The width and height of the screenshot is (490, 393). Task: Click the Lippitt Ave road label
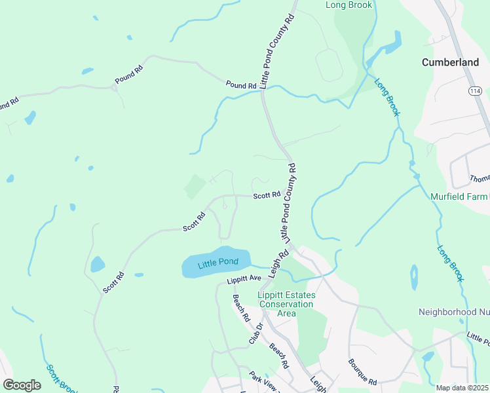tap(244, 280)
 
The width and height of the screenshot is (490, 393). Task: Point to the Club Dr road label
tap(255, 333)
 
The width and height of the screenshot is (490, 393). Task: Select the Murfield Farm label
tap(459, 196)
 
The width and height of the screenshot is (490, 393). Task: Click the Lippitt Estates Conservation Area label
tap(286, 304)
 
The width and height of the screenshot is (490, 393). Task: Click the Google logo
tap(22, 384)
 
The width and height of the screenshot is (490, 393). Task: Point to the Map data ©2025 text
tap(462, 388)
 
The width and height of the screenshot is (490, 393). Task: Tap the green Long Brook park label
tap(349, 5)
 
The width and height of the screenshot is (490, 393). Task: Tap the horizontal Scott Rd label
tap(267, 195)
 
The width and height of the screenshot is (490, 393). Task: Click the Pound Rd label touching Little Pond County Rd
tap(241, 85)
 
